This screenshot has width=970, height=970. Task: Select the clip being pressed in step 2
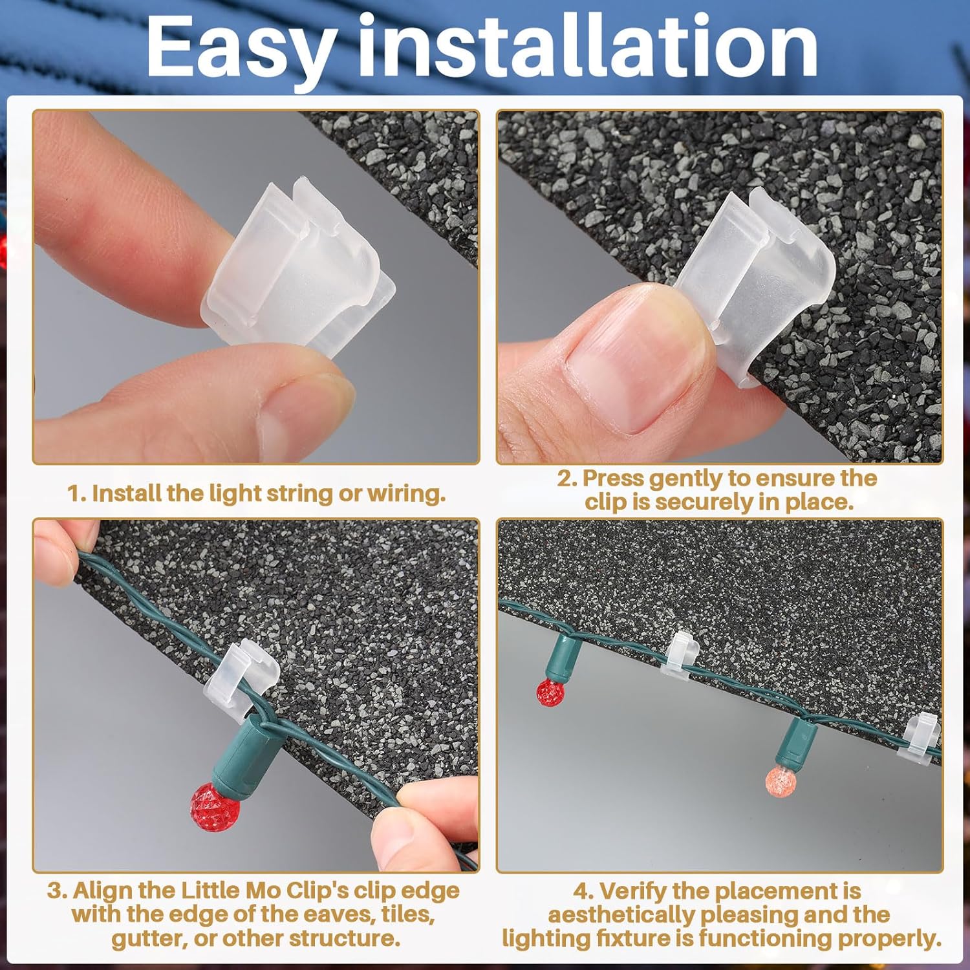click(x=753, y=285)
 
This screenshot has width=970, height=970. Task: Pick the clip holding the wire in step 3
click(x=241, y=679)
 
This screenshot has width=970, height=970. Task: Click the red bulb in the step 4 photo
click(x=550, y=692)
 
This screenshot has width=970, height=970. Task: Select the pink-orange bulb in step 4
click(x=781, y=781)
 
